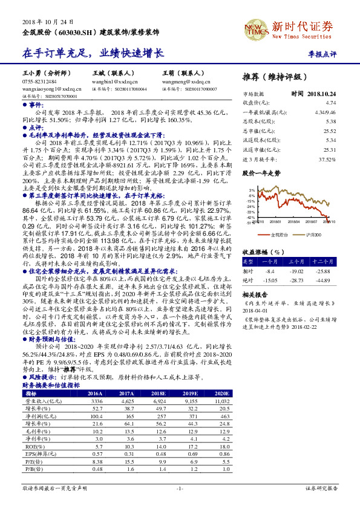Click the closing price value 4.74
330,103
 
